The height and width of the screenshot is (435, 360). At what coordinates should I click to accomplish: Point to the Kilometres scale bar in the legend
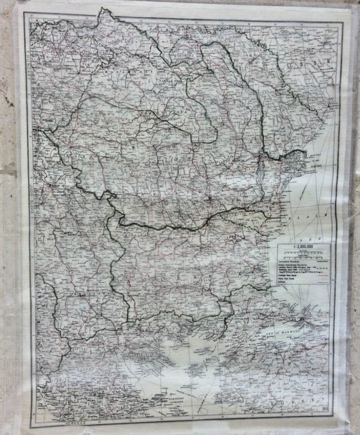303,253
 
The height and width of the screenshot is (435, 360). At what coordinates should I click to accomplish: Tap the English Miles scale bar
303,257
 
